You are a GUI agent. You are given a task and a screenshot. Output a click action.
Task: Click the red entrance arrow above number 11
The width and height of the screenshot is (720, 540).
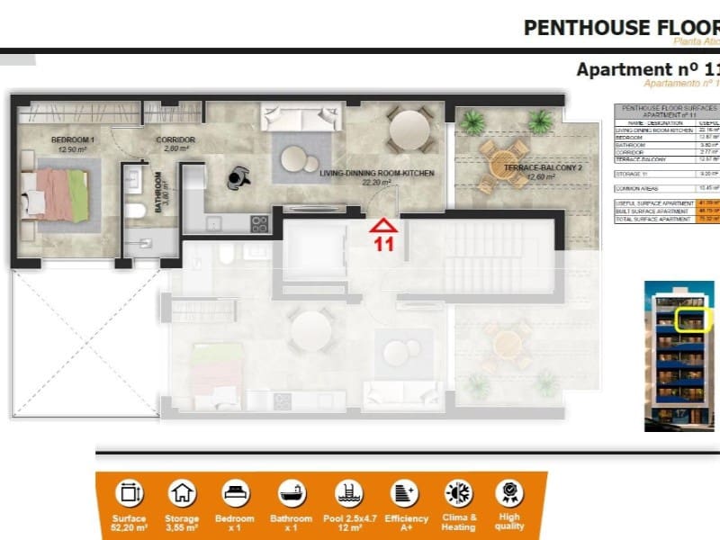point(383,226)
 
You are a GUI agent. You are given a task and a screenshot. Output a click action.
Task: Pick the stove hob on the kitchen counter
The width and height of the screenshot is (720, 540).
point(259,224)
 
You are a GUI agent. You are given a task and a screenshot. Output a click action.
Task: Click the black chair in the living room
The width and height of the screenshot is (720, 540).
point(238,177)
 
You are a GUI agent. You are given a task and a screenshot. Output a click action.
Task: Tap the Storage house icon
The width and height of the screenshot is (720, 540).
point(182,493)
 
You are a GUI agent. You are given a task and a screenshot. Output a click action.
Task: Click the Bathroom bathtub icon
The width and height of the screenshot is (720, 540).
point(291,493)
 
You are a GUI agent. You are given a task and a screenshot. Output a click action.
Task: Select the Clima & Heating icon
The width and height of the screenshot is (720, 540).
point(458,493)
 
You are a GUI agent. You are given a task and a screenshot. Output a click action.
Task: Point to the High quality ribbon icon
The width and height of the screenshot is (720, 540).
point(508,493)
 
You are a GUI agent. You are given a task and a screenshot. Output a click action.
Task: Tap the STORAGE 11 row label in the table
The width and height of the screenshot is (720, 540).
point(633,173)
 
